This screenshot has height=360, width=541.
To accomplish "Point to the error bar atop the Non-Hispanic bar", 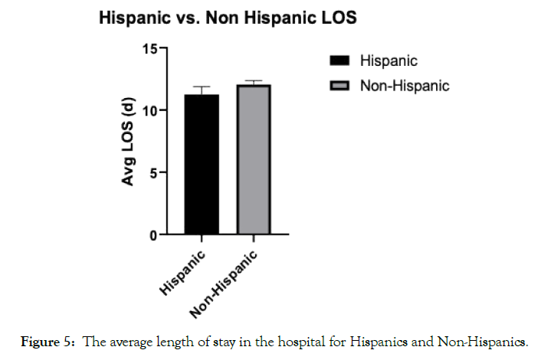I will [x=254, y=81].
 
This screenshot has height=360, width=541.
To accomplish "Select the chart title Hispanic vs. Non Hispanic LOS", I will [x=228, y=18].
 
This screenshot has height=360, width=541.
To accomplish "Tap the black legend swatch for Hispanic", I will [x=339, y=61].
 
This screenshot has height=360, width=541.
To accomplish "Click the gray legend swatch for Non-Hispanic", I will [x=339, y=86].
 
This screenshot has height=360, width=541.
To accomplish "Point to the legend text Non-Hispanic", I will [x=405, y=86].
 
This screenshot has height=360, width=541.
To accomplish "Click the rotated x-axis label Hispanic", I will [x=184, y=272].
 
